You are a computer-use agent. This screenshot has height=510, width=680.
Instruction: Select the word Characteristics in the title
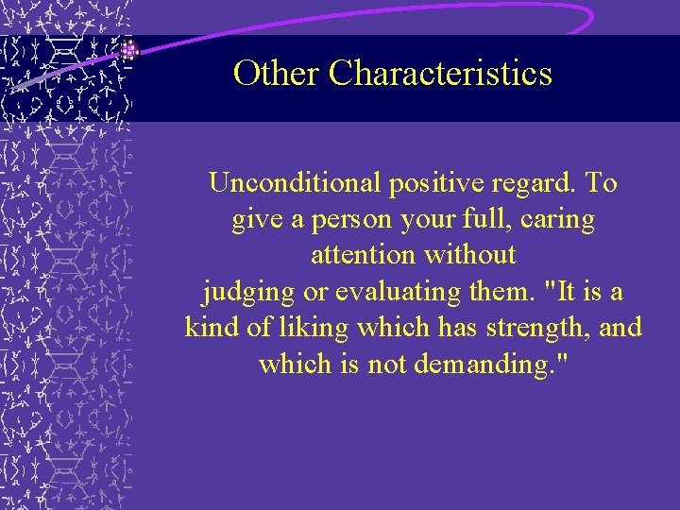440,73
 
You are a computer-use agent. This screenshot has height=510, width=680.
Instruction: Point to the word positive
417,182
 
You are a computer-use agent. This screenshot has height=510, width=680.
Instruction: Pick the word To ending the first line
601,182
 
